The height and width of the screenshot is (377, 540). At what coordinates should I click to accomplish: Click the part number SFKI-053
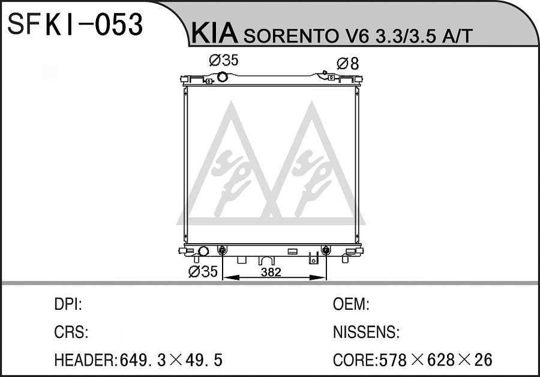click(x=75, y=24)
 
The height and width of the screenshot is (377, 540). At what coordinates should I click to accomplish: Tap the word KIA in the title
click(x=215, y=34)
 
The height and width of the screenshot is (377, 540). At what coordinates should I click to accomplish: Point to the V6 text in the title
click(x=352, y=35)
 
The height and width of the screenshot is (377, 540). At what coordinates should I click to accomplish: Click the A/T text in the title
click(x=457, y=35)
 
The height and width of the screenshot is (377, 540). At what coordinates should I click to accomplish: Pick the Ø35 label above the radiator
click(x=224, y=60)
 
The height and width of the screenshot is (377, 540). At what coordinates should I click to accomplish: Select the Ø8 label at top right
click(x=348, y=64)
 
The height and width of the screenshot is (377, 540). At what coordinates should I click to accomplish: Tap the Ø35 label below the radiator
click(x=203, y=271)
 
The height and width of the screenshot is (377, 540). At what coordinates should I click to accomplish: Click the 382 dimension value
click(x=271, y=272)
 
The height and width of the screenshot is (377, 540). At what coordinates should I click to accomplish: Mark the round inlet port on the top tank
click(x=223, y=76)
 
